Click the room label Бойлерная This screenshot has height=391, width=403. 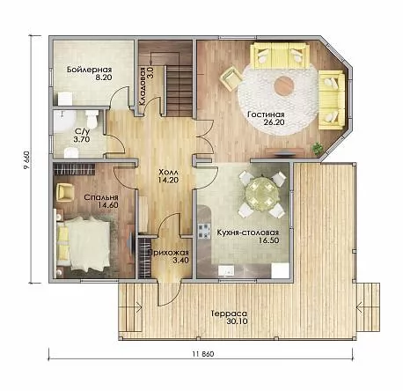tap(90, 70)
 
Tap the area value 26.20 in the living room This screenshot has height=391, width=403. tap(274, 122)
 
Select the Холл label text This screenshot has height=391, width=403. tap(168, 172)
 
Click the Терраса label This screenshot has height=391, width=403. tap(229, 314)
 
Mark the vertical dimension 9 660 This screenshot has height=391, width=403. tap(26, 160)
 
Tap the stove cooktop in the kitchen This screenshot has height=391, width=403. tap(205, 231)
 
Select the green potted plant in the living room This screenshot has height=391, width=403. tap(317, 147)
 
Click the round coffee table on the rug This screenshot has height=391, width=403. tap(284, 85)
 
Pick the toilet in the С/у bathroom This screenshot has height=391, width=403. tap(92, 118)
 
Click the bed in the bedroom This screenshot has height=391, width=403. tap(84, 244)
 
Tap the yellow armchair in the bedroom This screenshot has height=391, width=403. tap(65, 193)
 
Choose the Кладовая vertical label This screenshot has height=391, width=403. tap(143, 86)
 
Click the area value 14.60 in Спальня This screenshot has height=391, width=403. tap(108, 204)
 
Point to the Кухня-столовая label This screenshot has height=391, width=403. tap(247, 232)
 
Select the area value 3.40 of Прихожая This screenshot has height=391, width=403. tap(180, 260)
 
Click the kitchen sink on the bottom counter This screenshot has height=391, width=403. tap(226, 270)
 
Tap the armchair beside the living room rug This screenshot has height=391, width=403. tap(231, 77)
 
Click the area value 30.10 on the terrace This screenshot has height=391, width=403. tap(237, 321)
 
